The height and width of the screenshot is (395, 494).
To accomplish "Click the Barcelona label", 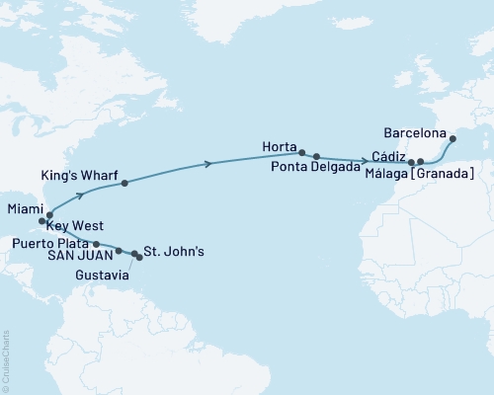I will [416, 129].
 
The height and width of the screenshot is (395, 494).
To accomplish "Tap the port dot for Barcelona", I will [453, 139].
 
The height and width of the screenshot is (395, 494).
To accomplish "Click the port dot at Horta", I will [302, 152].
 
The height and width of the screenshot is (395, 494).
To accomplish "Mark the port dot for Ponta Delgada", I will [316, 156].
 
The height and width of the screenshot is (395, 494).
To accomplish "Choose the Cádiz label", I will [388, 156].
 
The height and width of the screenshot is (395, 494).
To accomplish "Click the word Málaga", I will [393, 174].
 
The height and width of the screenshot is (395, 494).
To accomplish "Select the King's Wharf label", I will [81, 175].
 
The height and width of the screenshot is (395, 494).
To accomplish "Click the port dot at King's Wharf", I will [123, 183].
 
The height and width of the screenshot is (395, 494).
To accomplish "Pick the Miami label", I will [25, 208].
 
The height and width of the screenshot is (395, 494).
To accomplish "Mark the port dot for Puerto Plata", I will [96, 243].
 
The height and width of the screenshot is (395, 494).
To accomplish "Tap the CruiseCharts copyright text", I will [6, 359].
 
